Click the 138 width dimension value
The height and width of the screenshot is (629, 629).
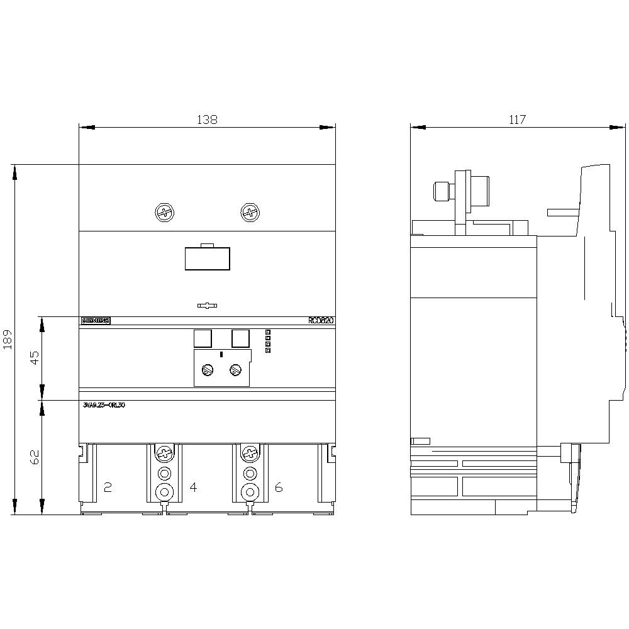coord(207,120)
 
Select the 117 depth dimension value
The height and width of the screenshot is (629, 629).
coord(517,120)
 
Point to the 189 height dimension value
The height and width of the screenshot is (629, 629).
coord(8,340)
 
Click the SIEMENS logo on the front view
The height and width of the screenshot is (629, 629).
coord(96,321)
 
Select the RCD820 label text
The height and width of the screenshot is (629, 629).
coord(321,321)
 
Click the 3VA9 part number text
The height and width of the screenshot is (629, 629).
coord(104,406)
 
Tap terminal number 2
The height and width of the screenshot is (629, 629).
coord(108,487)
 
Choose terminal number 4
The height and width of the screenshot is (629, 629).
coord(193,487)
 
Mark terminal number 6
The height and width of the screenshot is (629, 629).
coord(279,487)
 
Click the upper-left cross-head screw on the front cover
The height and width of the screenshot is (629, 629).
coord(164,213)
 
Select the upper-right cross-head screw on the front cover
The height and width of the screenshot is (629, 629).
coord(250,213)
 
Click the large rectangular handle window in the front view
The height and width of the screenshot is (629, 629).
coord(207,259)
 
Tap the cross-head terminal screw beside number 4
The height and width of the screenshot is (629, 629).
coord(164,453)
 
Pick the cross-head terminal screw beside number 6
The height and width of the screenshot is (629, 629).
coord(250,453)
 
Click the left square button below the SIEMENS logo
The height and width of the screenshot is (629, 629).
coord(202,338)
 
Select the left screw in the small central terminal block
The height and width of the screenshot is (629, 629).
coord(207,371)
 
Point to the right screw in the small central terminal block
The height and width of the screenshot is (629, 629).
coord(236,371)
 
